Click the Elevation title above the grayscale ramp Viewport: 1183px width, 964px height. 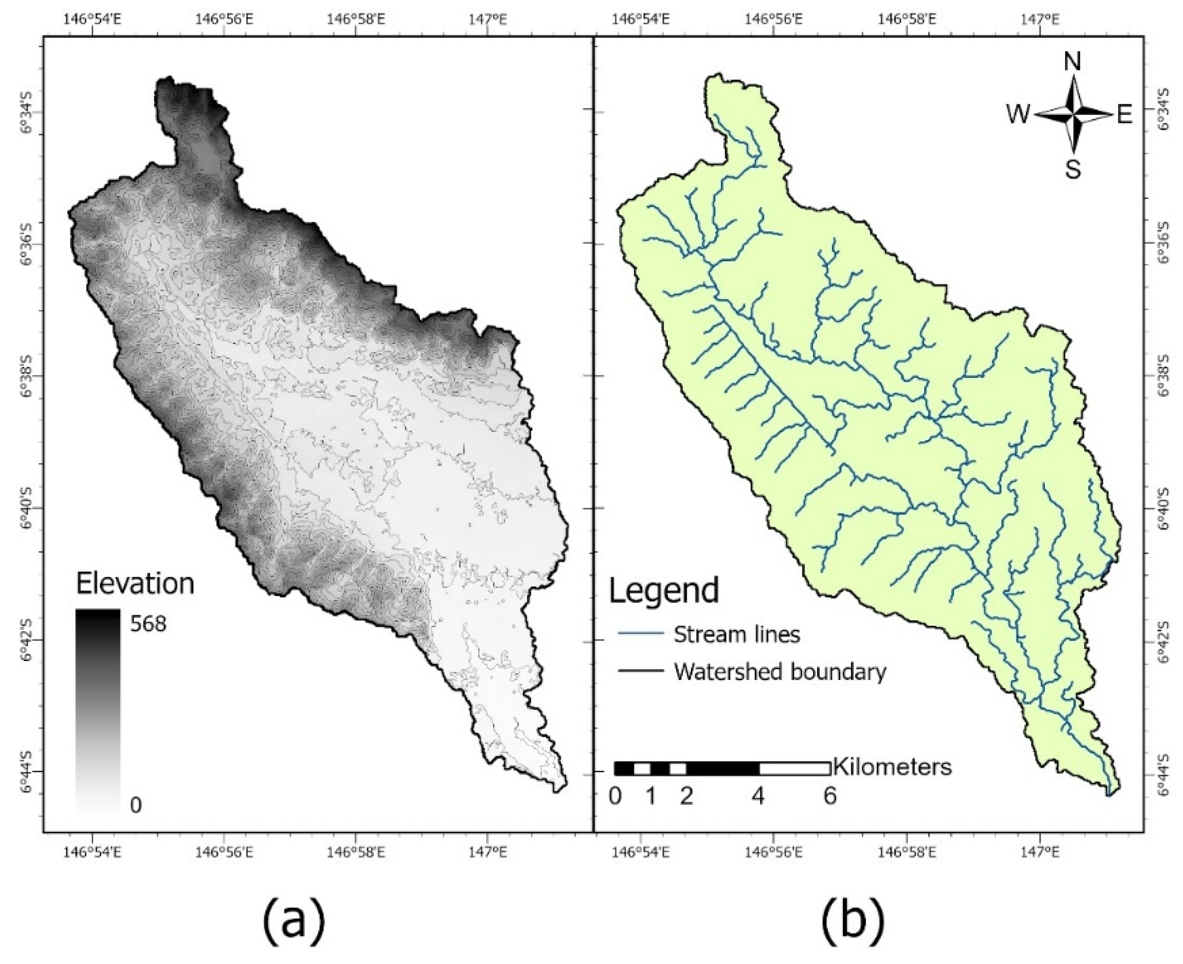(x=135, y=584)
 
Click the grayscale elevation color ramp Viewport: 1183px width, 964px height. (x=98, y=711)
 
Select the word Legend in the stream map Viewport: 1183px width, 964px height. (x=664, y=590)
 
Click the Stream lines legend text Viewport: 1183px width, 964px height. (x=736, y=634)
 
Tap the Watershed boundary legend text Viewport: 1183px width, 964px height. (x=780, y=672)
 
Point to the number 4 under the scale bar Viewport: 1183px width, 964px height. (x=758, y=797)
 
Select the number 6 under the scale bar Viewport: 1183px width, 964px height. (x=830, y=797)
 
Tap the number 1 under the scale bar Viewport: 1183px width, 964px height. (x=651, y=797)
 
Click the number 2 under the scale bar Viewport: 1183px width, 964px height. (x=686, y=797)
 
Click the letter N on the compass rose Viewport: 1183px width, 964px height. (x=1072, y=62)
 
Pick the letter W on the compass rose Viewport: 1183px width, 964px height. (x=1017, y=116)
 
